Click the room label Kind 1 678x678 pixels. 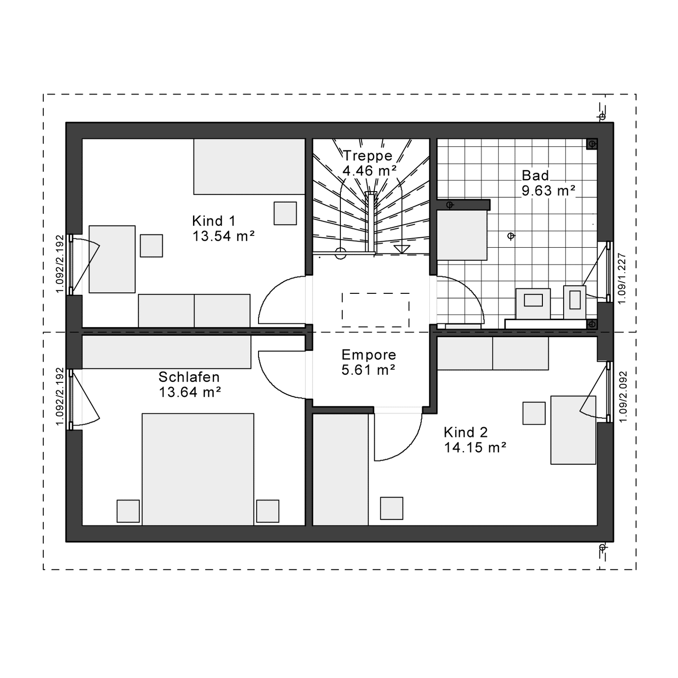click(214, 221)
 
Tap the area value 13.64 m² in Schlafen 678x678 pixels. click(190, 392)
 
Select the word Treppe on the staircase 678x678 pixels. click(367, 156)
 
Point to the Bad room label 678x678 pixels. click(535, 175)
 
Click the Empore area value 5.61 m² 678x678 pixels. click(368, 370)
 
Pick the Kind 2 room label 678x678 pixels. click(466, 432)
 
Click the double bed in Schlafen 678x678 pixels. click(198, 469)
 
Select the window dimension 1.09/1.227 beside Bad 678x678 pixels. click(622, 278)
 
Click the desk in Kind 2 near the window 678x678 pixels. click(573, 430)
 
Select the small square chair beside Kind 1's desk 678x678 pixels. click(151, 246)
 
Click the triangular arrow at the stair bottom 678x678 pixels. click(402, 249)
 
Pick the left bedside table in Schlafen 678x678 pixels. click(128, 511)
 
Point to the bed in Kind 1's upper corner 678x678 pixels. click(249, 166)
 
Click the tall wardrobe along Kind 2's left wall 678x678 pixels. click(340, 470)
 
